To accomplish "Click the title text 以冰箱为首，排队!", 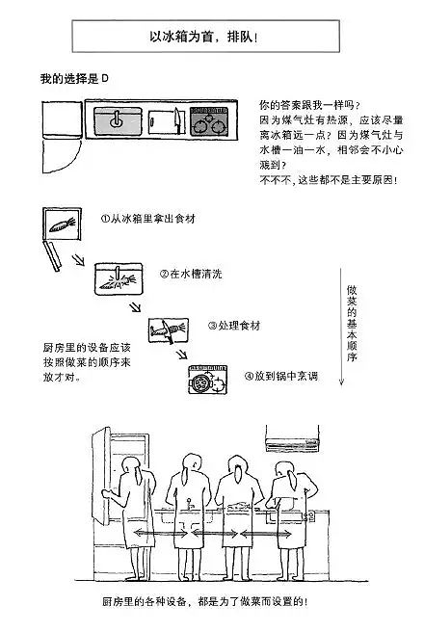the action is pyautogui.click(x=203, y=37).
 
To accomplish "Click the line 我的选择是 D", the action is pyautogui.click(x=74, y=78).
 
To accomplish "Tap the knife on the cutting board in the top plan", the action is pyautogui.click(x=177, y=120).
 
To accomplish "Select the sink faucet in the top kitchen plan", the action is pyautogui.click(x=116, y=119).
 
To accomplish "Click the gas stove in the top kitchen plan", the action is pyautogui.click(x=209, y=121).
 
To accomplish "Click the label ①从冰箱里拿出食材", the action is pyautogui.click(x=147, y=219).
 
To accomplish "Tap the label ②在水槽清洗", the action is pyautogui.click(x=191, y=274).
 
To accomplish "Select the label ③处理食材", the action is pyautogui.click(x=234, y=326).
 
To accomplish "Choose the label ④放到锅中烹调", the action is pyautogui.click(x=281, y=376).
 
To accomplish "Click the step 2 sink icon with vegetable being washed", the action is pyautogui.click(x=119, y=279).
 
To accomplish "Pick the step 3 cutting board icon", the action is pyautogui.click(x=168, y=330).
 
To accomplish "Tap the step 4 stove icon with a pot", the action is pyautogui.click(x=207, y=380).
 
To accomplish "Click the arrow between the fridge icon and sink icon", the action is pyautogui.click(x=78, y=260).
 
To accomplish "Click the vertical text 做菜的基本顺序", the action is pyautogui.click(x=352, y=324).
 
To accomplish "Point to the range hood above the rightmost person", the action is pyautogui.click(x=292, y=440).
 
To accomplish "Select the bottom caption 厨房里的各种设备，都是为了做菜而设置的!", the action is pyautogui.click(x=205, y=602).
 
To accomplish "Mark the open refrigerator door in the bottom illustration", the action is pyautogui.click(x=101, y=476).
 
